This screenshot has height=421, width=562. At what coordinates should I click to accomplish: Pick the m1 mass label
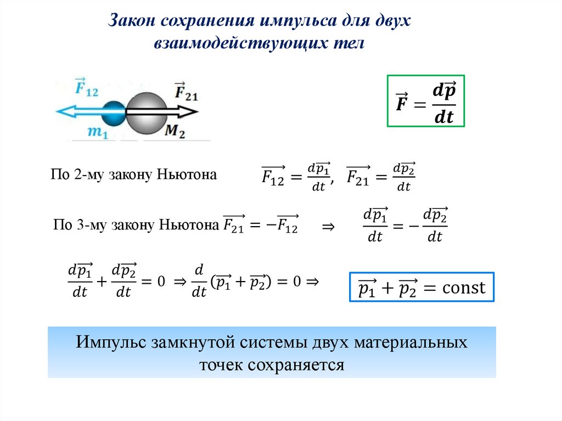(97, 133)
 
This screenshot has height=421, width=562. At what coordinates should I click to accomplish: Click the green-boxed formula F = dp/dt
(425, 102)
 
